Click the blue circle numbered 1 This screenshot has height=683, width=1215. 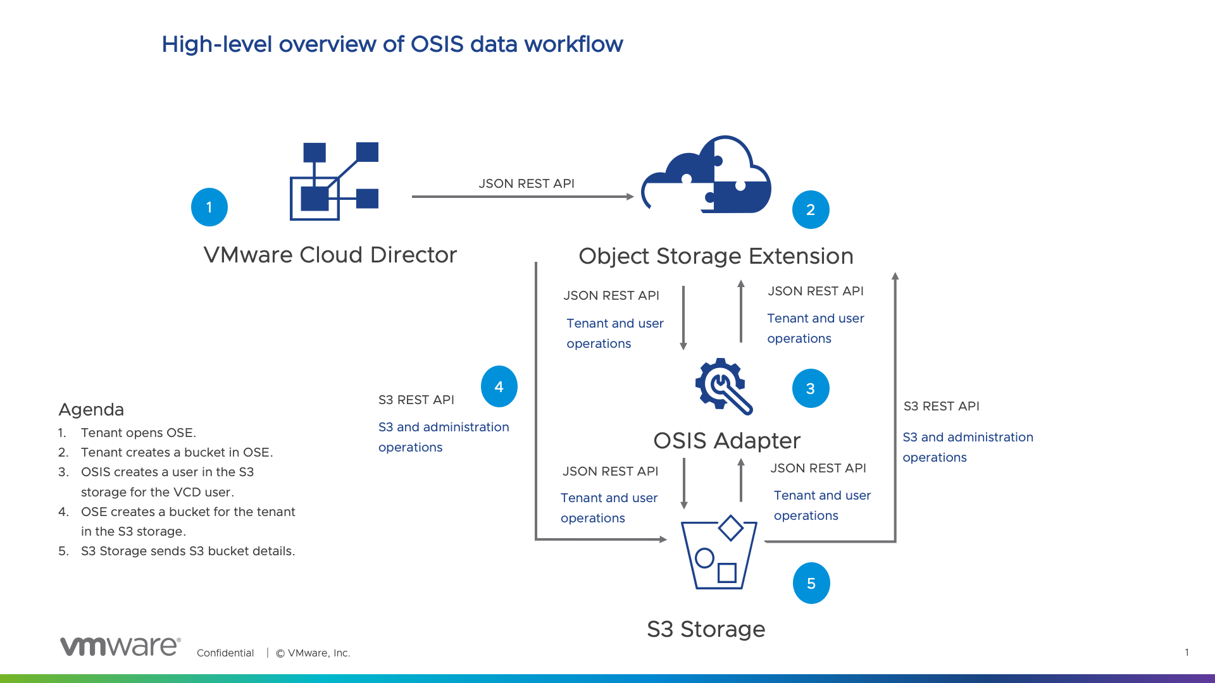[x=209, y=207]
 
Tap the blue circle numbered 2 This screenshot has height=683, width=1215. [x=811, y=210]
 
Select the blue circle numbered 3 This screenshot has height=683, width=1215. [x=811, y=388]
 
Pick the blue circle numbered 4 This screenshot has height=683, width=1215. [x=499, y=386]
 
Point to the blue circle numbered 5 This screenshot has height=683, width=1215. [x=811, y=583]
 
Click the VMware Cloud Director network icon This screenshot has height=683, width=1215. [x=334, y=181]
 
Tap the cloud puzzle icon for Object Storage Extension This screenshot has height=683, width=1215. [x=706, y=175]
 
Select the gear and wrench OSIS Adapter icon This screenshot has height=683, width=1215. [x=723, y=386]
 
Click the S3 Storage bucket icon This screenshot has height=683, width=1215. [x=719, y=553]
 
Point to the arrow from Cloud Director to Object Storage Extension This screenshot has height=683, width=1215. [x=522, y=197]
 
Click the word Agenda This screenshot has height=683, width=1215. [x=91, y=410]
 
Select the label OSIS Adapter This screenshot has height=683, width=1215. [x=726, y=441]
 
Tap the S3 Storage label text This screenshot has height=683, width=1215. [x=706, y=629]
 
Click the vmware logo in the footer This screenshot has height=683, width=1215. [x=120, y=646]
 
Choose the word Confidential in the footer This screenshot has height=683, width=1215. [x=225, y=653]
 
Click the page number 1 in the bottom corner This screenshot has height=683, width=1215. [x=1187, y=652]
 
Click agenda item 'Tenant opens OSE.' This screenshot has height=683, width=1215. [x=139, y=433]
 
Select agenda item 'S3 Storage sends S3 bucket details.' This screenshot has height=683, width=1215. [x=188, y=551]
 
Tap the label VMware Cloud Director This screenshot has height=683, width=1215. [x=330, y=255]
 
